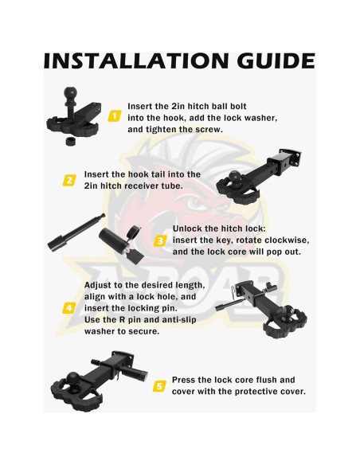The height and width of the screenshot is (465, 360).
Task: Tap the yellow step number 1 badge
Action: pyautogui.click(x=114, y=115)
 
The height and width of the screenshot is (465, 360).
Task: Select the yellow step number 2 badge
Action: pyautogui.click(x=69, y=180)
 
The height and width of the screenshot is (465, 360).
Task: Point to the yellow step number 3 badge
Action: pyautogui.click(x=160, y=240)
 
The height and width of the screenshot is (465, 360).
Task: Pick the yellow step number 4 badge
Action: pyautogui.click(x=69, y=308)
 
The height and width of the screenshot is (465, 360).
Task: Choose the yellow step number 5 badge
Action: pyautogui.click(x=159, y=386)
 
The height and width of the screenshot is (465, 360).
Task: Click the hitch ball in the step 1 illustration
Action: pyautogui.click(x=70, y=94)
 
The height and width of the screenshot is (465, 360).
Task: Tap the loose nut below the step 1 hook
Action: pyautogui.click(x=70, y=141)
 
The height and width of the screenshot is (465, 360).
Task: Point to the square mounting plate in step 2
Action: pyautogui.click(x=291, y=158)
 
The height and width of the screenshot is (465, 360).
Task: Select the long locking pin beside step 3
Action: pyautogui.click(x=76, y=232)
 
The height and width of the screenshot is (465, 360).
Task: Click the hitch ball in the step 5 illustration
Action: pyautogui.click(x=72, y=379)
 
